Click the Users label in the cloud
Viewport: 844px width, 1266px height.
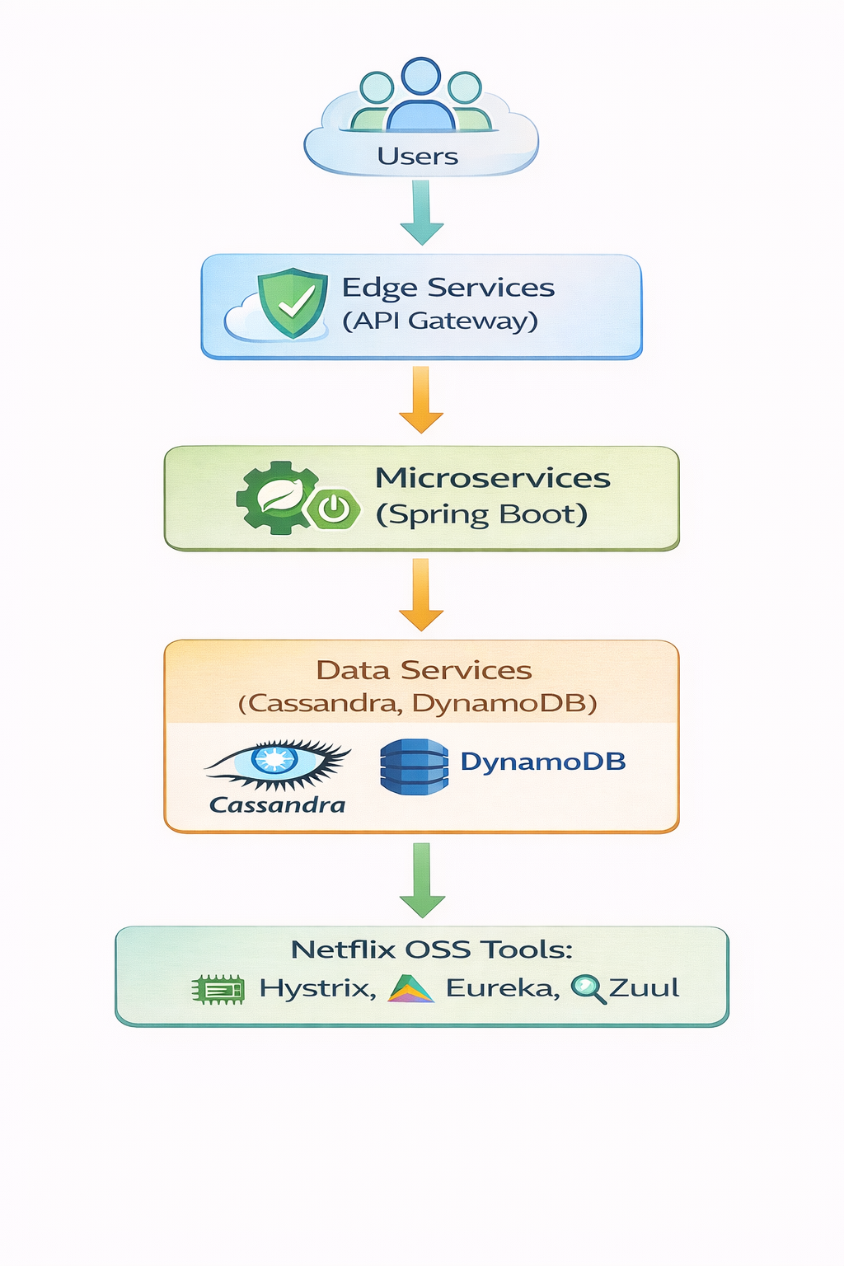click(x=417, y=157)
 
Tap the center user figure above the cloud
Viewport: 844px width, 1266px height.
click(x=420, y=96)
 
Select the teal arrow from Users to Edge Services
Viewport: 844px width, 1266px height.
click(x=421, y=213)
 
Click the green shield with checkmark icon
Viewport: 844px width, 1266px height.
click(x=291, y=302)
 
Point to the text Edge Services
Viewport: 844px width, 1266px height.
click(x=448, y=288)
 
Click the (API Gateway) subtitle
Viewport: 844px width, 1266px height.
click(x=440, y=321)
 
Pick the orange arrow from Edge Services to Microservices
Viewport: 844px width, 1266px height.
click(x=421, y=401)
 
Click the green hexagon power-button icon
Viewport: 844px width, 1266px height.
click(x=334, y=509)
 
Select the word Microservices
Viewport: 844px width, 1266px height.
click(x=492, y=478)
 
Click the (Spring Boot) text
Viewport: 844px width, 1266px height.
click(x=481, y=514)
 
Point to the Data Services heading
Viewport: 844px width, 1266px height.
click(x=424, y=670)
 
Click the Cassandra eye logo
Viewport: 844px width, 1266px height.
click(x=277, y=762)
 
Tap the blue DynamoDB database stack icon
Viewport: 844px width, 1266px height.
click(x=414, y=767)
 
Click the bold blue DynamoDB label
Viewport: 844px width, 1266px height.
click(x=542, y=762)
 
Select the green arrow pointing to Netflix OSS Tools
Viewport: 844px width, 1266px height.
click(x=422, y=880)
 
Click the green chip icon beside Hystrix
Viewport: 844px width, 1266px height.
click(x=218, y=989)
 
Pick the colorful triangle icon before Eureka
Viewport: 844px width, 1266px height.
click(x=410, y=988)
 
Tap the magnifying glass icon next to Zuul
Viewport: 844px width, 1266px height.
click(x=588, y=988)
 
